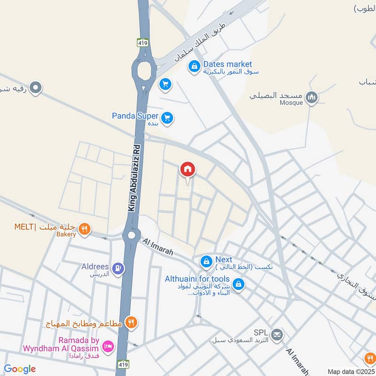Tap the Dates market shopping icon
point(194,67)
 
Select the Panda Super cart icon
point(167,118)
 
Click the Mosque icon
point(311,98)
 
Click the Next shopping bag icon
point(206,261)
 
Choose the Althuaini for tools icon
point(239,284)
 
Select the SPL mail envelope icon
point(277,335)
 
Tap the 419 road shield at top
point(143,43)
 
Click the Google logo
point(20,369)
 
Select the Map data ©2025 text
point(350,371)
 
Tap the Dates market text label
point(227,64)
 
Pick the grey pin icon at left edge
point(36,87)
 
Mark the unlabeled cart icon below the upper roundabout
point(164,84)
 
